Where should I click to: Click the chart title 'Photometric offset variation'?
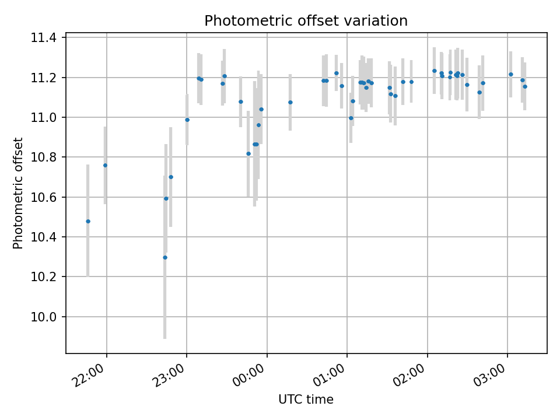[x=306, y=21]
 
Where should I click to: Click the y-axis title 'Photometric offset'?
[x=18, y=193]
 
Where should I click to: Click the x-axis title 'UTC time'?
[x=306, y=400]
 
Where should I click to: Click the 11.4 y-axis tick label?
[x=45, y=38]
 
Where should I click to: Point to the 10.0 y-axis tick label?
[x=45, y=317]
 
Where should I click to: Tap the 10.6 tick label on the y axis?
[x=45, y=197]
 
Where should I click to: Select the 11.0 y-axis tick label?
[x=45, y=118]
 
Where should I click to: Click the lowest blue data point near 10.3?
[x=165, y=257]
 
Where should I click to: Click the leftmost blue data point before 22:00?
[x=88, y=221]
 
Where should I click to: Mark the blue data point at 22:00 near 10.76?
[x=105, y=165]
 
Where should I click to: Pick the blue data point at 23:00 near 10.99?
[x=187, y=120]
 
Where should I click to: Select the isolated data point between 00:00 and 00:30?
[x=290, y=102]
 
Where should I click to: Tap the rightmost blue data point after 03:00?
[x=524, y=86]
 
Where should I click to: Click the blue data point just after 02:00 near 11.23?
[x=434, y=71]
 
